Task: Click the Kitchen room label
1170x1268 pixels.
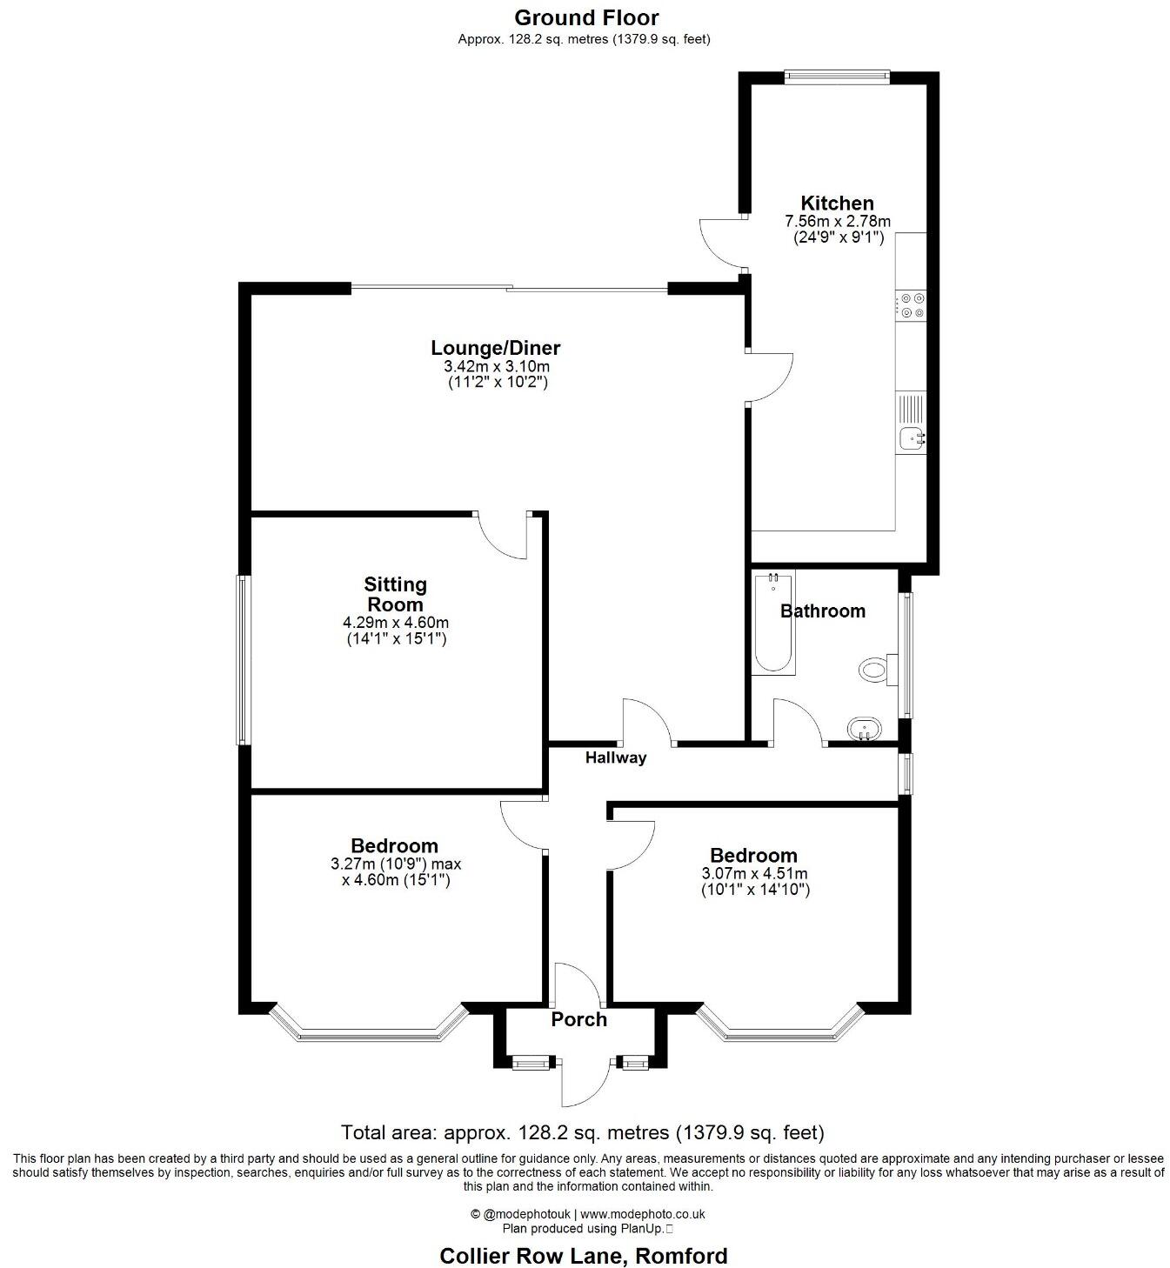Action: (837, 204)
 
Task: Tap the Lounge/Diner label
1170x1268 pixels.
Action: (496, 348)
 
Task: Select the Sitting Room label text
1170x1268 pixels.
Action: (395, 595)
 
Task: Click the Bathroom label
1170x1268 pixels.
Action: (822, 611)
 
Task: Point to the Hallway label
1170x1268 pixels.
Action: (616, 757)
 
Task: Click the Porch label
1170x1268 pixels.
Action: (578, 1019)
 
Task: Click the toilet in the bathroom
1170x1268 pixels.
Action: (873, 670)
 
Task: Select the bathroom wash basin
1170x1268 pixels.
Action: (864, 729)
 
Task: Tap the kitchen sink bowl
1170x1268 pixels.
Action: (910, 439)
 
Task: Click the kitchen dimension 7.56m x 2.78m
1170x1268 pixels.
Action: (837, 222)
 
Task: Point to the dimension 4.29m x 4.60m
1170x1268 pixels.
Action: (396, 623)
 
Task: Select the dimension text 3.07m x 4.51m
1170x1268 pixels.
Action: (754, 874)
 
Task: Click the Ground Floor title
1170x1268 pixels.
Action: (586, 17)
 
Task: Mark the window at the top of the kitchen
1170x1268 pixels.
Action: (837, 77)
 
